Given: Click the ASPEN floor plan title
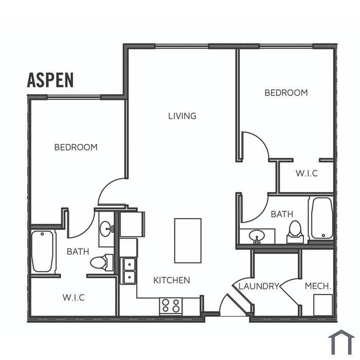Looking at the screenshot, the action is pos(50,80).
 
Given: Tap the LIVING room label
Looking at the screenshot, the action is pos(182,116).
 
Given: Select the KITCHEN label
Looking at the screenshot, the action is pos(171,280).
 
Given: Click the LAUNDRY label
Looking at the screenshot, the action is pos(259,286).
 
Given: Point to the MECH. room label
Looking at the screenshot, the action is pos(318,286).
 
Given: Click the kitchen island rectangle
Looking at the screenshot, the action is pos(188,241).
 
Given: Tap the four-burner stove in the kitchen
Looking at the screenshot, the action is pos(171,306).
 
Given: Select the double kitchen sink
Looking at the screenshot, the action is pos(129,271).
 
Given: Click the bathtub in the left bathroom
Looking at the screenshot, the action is pos(43,251).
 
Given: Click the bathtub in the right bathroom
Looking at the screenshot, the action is pos(322,218).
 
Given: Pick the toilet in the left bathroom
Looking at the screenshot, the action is pos(101,262).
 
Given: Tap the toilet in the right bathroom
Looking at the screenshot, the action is pos(295,231).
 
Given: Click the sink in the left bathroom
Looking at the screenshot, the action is pos(106,229).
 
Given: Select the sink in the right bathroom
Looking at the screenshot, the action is pos(257,236).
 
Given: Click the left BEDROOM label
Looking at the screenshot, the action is pos(76,147).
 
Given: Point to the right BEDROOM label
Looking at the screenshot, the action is pos(286,93).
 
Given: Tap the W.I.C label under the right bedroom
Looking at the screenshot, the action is pos(307,173).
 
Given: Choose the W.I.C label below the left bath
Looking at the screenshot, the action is pos(74,298).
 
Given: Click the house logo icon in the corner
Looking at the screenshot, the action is pos(341,342).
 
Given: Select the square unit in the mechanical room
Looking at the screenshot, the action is pos(323,305).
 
